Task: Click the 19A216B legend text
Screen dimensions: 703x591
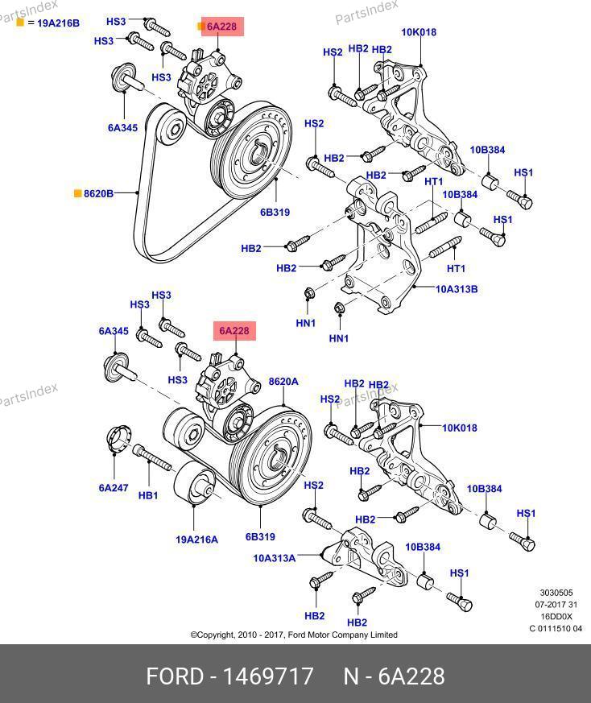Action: [x=53, y=23]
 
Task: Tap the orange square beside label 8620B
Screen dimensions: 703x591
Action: [x=78, y=193]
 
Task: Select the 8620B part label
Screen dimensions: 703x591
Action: [x=98, y=193]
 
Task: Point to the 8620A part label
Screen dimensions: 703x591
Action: [x=283, y=381]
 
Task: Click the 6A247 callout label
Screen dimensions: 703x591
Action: [x=114, y=487]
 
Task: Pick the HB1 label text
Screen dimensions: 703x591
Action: [x=148, y=495]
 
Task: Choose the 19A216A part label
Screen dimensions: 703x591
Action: [x=197, y=539]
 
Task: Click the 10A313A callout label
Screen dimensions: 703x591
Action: [x=274, y=556]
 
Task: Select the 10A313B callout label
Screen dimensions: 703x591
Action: [x=457, y=288]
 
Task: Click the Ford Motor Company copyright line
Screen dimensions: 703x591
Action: [x=294, y=635]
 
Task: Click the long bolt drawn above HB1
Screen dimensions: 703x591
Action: [x=153, y=458]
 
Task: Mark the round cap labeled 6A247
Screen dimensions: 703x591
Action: [x=118, y=441]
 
